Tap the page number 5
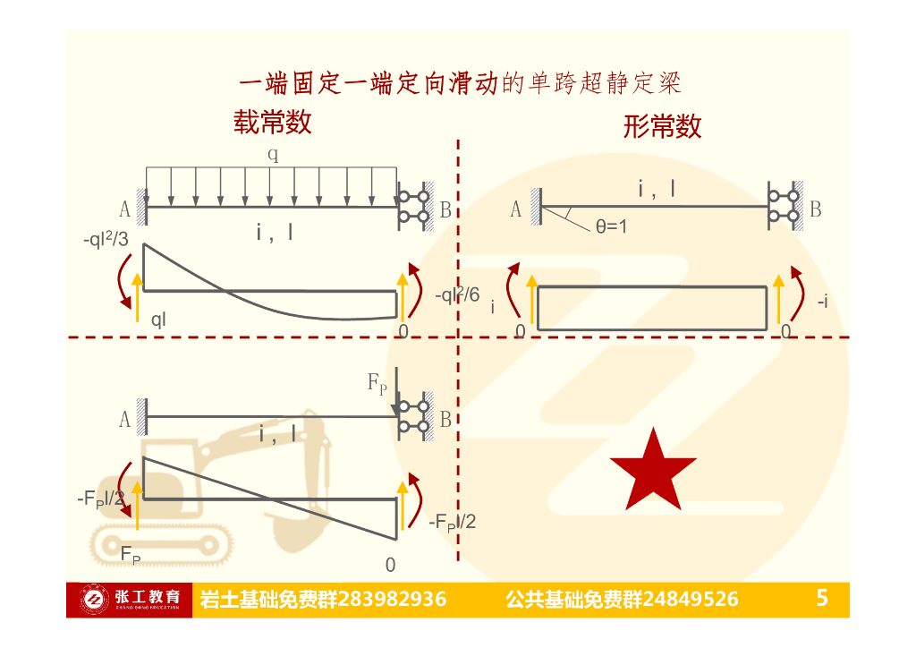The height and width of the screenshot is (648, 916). pos(822,598)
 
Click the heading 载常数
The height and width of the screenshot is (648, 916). pos(273,122)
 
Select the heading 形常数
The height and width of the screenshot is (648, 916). pos(662,126)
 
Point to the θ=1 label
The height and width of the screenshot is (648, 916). pos(612,226)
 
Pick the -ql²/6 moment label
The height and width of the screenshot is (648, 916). pos(457,294)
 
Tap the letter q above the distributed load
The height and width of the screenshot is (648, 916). pos(273,154)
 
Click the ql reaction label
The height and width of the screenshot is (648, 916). pos(158,320)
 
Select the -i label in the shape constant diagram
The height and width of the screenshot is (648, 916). pos(821,302)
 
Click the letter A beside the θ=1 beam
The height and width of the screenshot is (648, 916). pos(515,209)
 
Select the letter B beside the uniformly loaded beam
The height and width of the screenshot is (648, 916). pos(445,210)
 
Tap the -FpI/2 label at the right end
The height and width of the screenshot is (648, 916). pos(453,522)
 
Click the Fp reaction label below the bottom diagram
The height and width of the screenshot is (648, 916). pos(131,554)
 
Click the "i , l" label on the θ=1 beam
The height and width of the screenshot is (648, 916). pos(657,189)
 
